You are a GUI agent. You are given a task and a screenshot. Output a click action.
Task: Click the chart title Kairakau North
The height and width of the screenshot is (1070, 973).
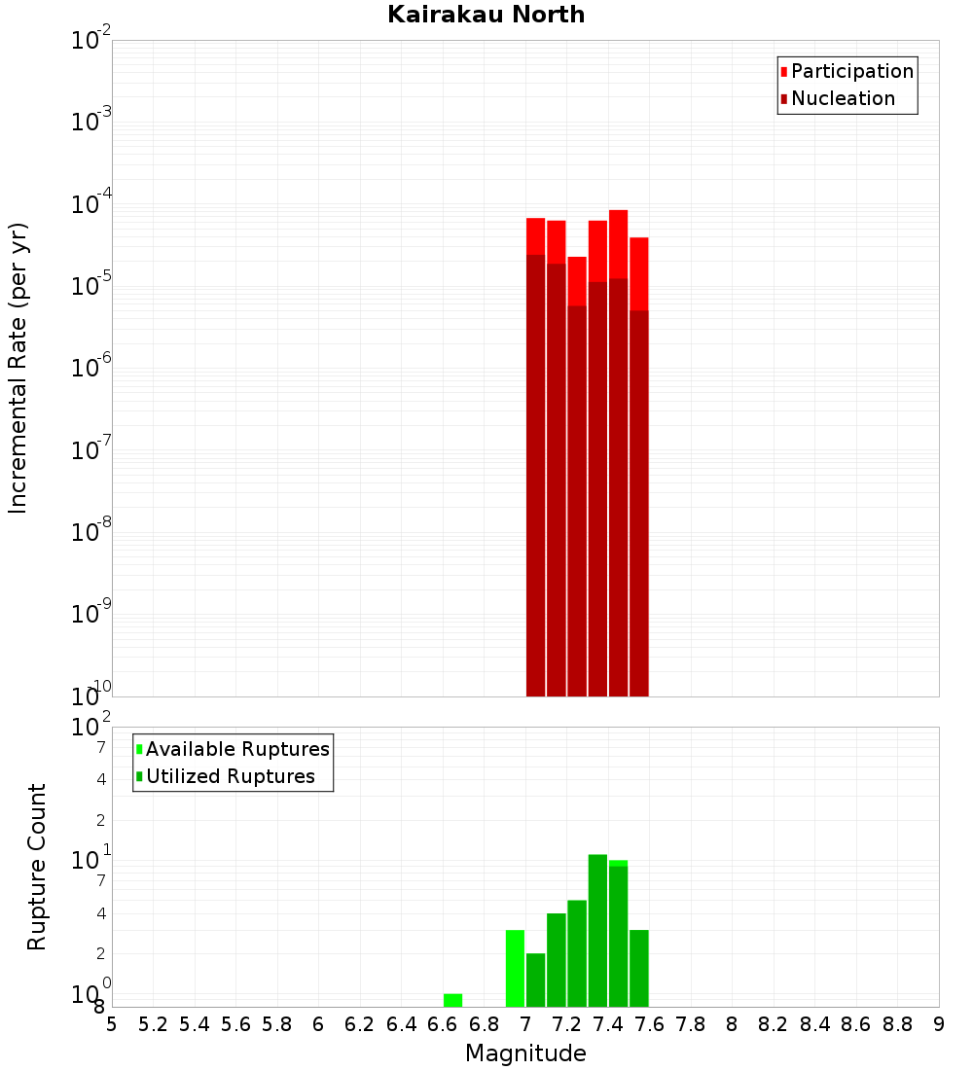(486, 15)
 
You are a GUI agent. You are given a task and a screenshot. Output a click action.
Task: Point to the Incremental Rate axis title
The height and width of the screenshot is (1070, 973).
(18, 368)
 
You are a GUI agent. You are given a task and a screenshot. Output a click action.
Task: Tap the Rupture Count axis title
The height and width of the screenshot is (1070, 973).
(37, 867)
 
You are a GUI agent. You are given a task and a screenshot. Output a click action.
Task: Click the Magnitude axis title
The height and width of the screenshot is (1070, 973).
(525, 1053)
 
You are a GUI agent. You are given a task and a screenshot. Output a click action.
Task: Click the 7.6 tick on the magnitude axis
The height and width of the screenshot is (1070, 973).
(649, 1023)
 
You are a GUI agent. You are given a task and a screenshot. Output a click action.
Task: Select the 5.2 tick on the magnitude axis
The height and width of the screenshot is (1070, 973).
(154, 1023)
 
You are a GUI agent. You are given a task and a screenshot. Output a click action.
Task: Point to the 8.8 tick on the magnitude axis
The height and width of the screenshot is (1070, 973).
(897, 1023)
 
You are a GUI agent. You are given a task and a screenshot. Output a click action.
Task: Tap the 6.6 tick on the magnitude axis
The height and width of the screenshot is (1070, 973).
(443, 1023)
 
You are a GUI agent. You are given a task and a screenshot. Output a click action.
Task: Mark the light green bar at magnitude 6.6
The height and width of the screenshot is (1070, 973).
(452, 1000)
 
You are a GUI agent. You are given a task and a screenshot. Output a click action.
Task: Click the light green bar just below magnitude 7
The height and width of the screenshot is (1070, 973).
(515, 968)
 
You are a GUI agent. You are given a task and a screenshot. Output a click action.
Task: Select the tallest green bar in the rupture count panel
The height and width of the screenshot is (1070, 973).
(597, 930)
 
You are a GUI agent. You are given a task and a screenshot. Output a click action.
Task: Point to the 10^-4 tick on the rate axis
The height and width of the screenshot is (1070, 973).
(91, 204)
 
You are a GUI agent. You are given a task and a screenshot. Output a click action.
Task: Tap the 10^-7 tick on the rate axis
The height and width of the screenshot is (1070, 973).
(91, 450)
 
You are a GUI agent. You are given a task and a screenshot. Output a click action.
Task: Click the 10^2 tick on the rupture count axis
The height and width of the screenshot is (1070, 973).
(91, 728)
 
